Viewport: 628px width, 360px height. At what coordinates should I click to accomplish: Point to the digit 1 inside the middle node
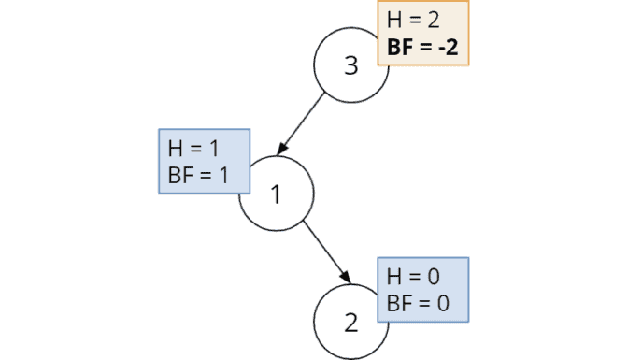[x=276, y=195]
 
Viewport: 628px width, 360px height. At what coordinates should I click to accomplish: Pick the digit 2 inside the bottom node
[x=350, y=324]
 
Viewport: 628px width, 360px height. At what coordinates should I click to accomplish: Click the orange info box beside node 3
[x=422, y=34]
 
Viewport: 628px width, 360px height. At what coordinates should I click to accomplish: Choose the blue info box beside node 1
[x=205, y=161]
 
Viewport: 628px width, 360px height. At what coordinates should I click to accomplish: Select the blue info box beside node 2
[x=422, y=290]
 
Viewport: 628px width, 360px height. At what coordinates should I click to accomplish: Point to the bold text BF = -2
[x=422, y=47]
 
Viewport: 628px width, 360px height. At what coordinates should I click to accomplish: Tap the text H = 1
[x=193, y=149]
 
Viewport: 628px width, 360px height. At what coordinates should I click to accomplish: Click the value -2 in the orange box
[x=446, y=47]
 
